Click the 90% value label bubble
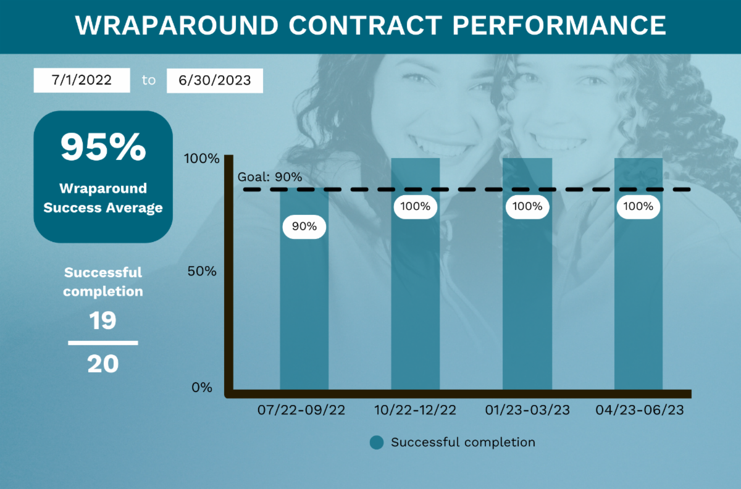304,227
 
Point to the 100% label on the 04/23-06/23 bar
638,206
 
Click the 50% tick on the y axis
201,272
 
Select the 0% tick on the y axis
201,388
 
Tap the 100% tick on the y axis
201,159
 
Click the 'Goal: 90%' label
270,177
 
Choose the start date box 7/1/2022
82,80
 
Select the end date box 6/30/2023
215,80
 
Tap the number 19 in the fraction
103,321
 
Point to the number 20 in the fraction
103,364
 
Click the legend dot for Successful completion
377,442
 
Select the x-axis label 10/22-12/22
416,410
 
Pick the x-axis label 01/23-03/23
527,410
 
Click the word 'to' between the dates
149,80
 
